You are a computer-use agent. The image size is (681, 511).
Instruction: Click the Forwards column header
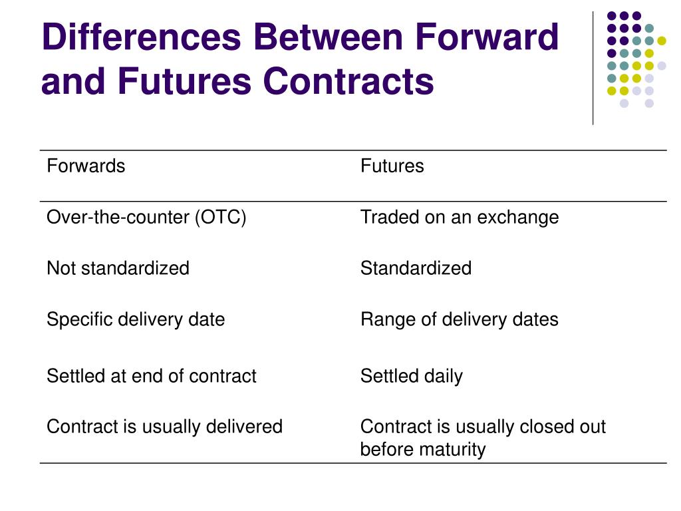pyautogui.click(x=86, y=166)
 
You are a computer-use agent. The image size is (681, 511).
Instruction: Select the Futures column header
pyautogui.click(x=392, y=166)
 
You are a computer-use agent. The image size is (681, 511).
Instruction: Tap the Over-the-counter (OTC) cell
pyautogui.click(x=146, y=218)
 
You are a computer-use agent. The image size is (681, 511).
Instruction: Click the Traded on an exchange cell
pyautogui.click(x=459, y=218)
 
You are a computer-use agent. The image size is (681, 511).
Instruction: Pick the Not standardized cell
pyautogui.click(x=118, y=268)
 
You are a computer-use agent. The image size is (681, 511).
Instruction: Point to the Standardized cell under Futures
pyautogui.click(x=416, y=268)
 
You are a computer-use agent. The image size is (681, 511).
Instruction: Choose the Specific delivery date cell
pyautogui.click(x=136, y=319)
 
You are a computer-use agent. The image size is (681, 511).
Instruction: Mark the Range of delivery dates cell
pyautogui.click(x=459, y=319)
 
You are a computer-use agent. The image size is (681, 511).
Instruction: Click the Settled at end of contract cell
pyautogui.click(x=151, y=376)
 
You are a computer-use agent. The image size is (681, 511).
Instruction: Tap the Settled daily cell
pyautogui.click(x=411, y=376)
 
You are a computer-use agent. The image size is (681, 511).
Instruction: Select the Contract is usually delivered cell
pyautogui.click(x=164, y=426)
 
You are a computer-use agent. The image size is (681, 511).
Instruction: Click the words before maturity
pyautogui.click(x=422, y=450)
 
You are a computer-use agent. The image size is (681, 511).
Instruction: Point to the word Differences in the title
pyautogui.click(x=141, y=37)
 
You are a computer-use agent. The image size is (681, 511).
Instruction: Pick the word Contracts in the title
pyautogui.click(x=348, y=82)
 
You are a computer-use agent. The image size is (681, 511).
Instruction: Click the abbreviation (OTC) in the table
pyautogui.click(x=220, y=218)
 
